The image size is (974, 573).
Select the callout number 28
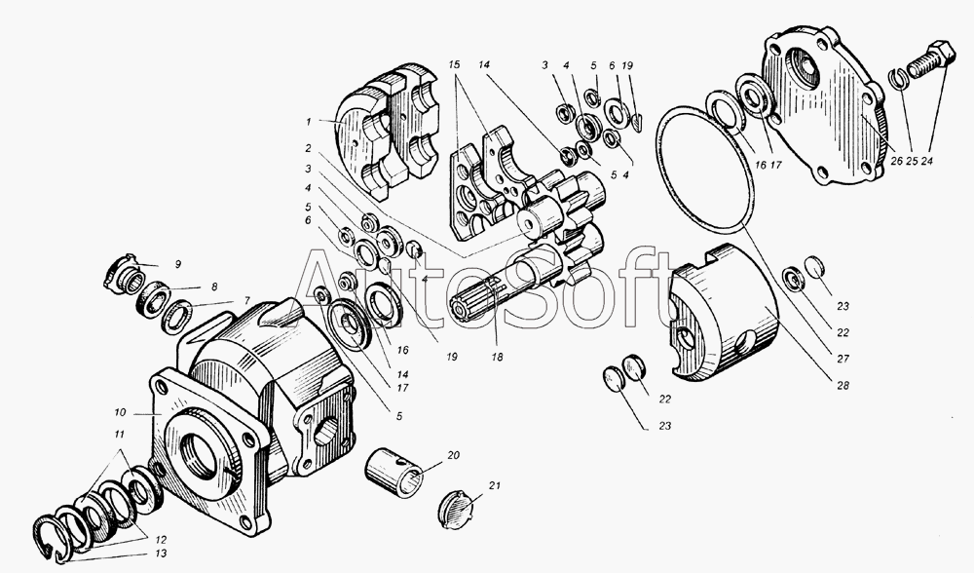tap(843, 386)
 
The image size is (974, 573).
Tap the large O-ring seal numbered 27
tap(704, 168)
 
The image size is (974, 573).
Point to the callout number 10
tap(120, 412)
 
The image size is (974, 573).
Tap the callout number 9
tap(177, 264)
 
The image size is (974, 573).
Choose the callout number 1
tap(308, 123)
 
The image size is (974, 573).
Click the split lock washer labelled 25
tap(899, 80)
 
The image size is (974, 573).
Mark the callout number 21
tap(494, 485)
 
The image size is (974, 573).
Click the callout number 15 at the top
tap(454, 64)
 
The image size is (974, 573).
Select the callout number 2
tap(308, 148)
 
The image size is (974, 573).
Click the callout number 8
tap(214, 287)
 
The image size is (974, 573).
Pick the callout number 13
tap(161, 554)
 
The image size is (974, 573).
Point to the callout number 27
tap(843, 360)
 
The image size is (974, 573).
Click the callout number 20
tap(454, 455)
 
